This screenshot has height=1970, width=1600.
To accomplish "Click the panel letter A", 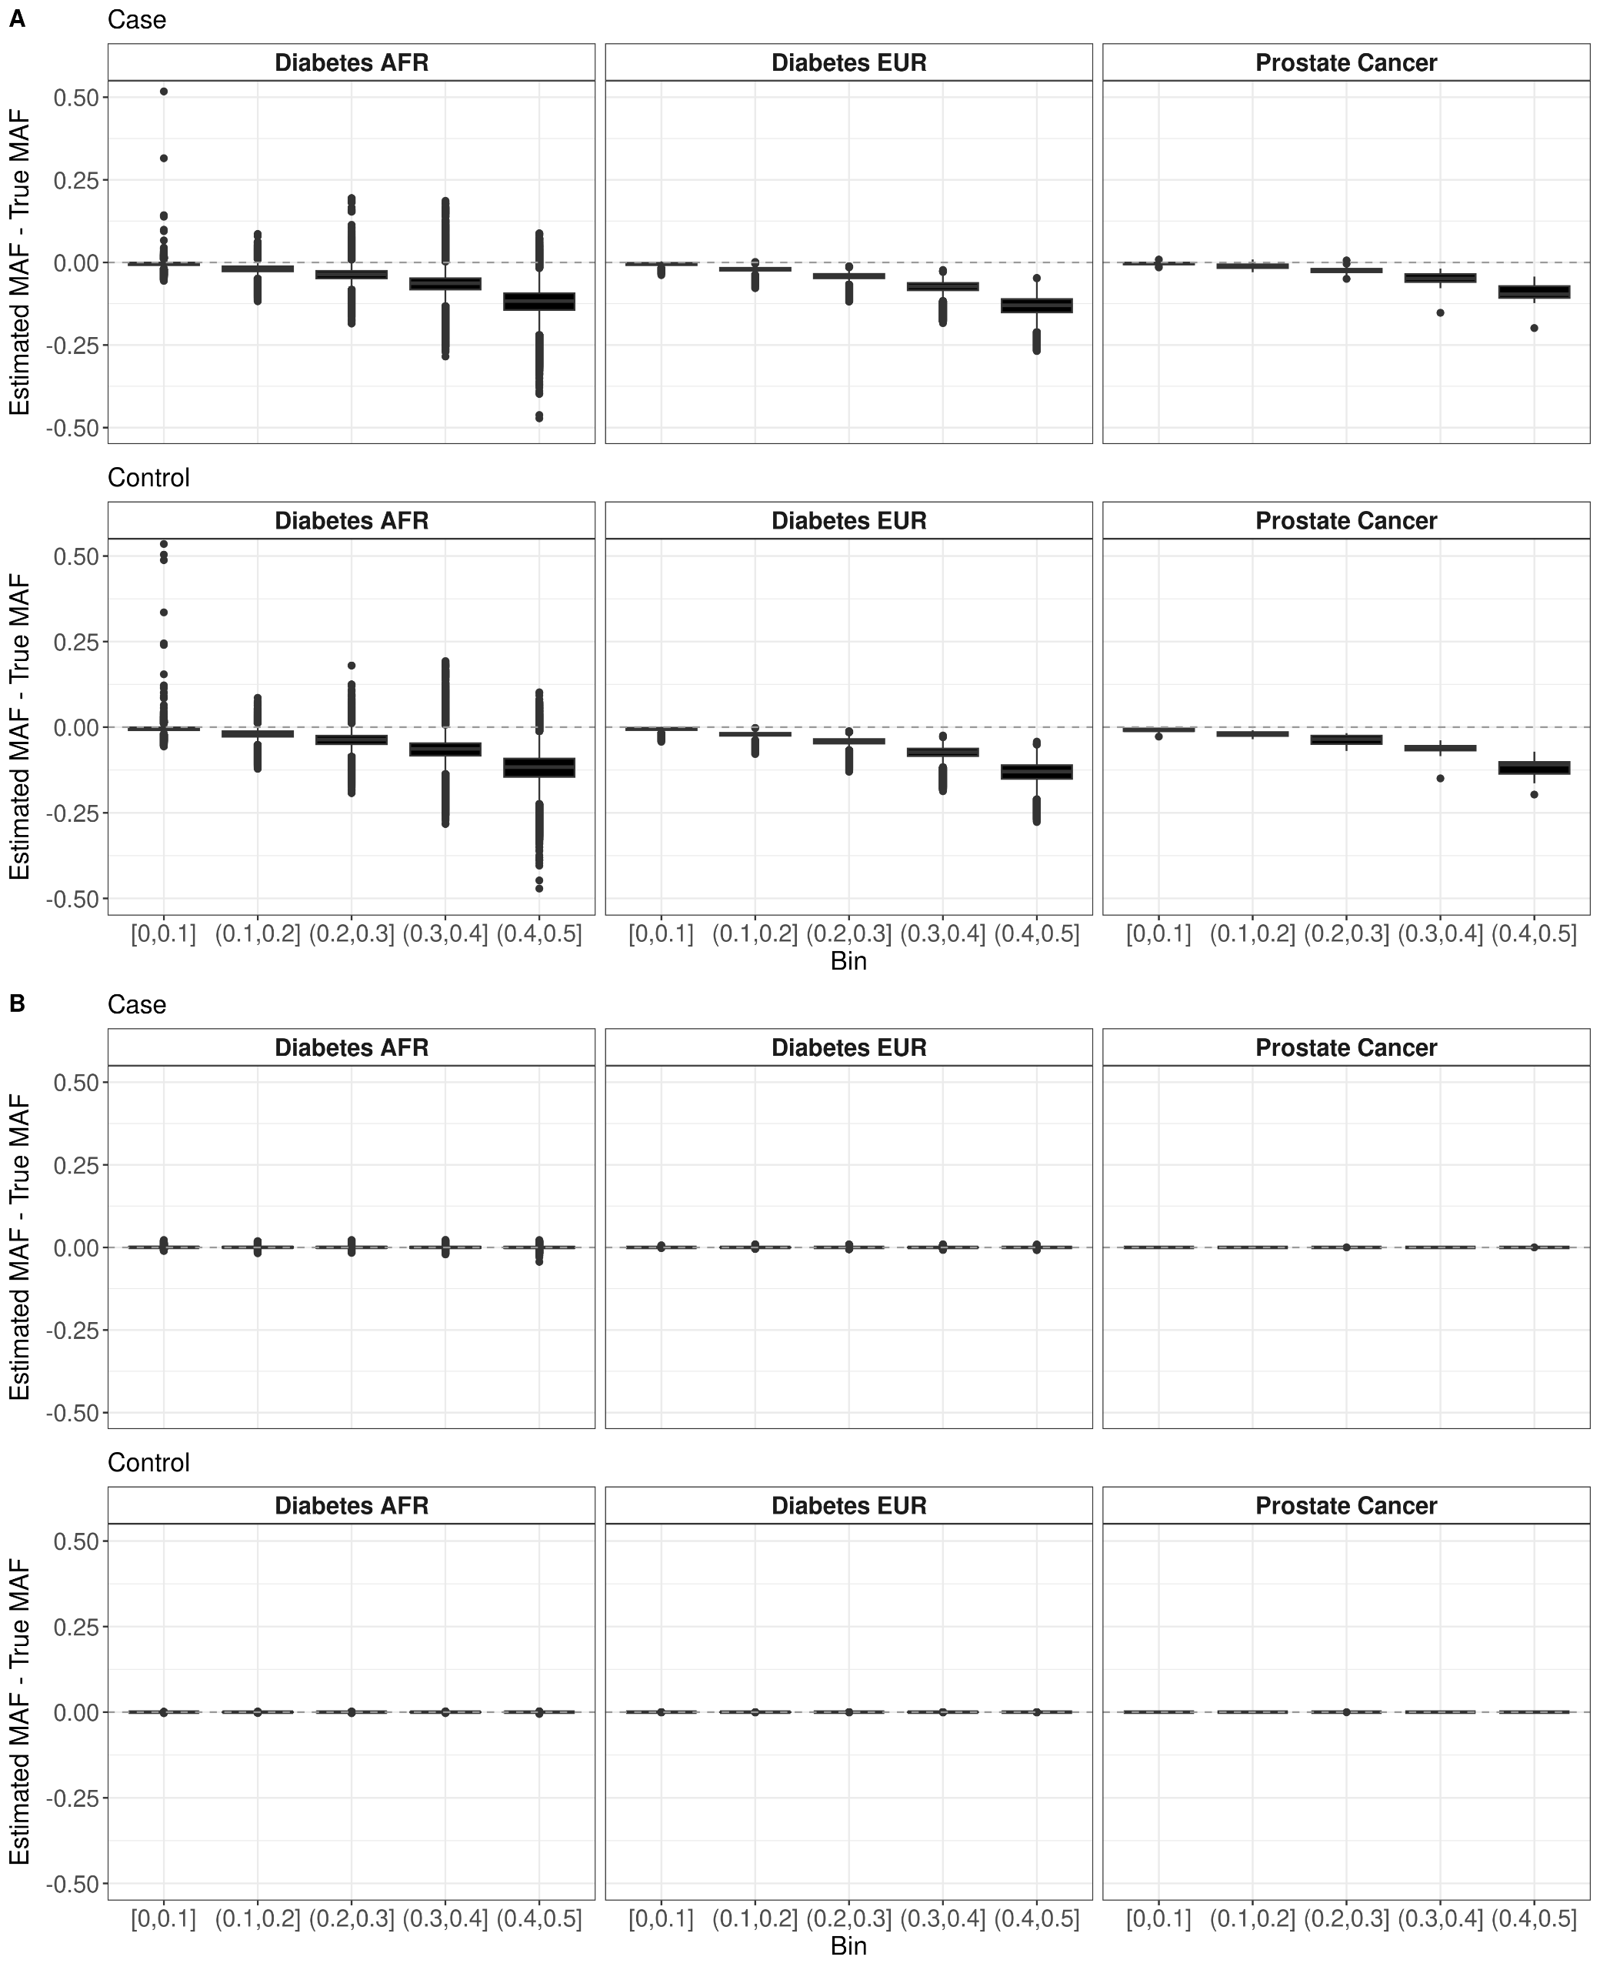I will (17, 19).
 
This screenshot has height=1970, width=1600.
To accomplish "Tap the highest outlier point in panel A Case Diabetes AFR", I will (164, 92).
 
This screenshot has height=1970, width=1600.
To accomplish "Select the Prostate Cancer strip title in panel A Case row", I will (1345, 62).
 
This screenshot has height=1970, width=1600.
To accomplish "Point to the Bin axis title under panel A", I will (848, 961).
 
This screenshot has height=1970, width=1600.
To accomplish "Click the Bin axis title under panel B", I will (848, 1946).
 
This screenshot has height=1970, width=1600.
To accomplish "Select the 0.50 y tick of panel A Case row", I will (76, 98).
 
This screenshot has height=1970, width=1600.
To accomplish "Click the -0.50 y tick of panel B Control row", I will (76, 1883).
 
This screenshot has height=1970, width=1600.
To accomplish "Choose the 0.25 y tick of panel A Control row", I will (76, 642).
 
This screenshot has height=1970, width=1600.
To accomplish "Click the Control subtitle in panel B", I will (148, 1463).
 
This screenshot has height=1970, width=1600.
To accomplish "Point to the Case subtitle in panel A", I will (136, 19).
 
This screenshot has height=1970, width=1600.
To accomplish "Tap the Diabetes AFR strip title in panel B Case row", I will (351, 1048).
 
